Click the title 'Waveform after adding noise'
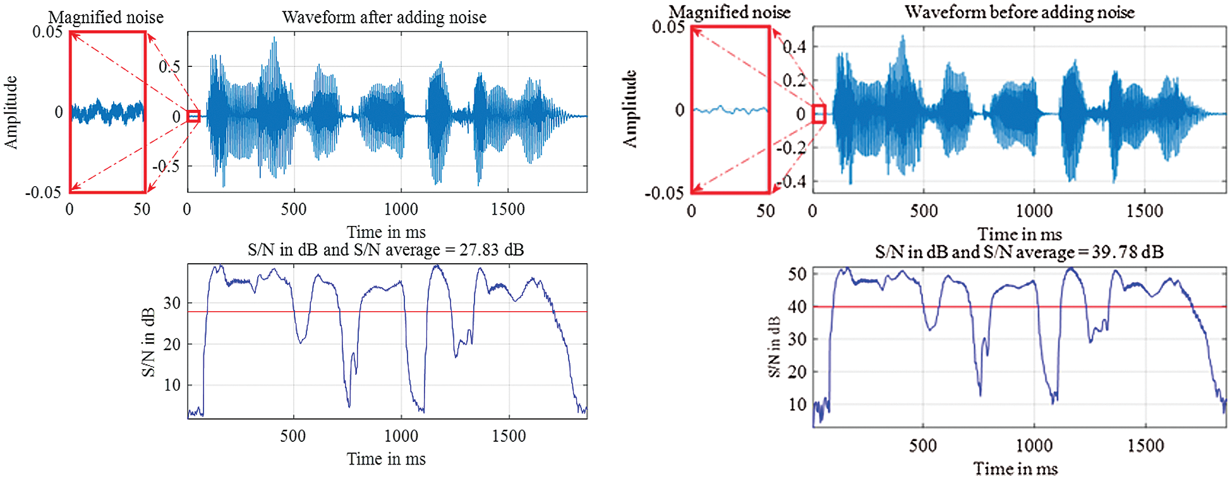(383, 17)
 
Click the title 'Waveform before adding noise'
(1019, 12)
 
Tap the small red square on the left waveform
(194, 116)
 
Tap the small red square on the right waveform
(819, 114)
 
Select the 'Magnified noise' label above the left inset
(106, 17)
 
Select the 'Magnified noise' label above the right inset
(729, 12)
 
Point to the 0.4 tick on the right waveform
(794, 47)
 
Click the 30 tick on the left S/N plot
(172, 303)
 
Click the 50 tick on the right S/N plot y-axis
(797, 274)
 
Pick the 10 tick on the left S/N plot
(172, 385)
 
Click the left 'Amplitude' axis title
(11, 112)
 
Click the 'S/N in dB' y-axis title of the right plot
(774, 346)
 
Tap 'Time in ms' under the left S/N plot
(386, 459)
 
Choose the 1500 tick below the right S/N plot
(1145, 446)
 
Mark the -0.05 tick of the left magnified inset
(43, 192)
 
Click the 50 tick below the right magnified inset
(765, 211)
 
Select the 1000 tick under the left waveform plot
(401, 209)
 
